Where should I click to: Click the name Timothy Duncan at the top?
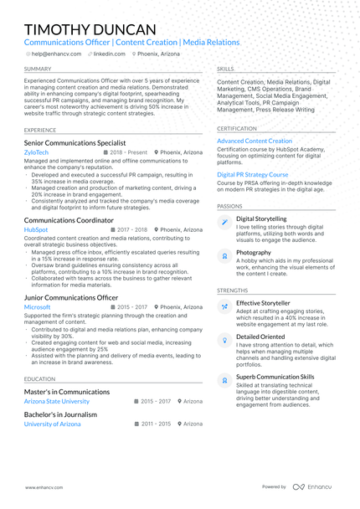coord(90,29)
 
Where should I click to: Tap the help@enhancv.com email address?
coord(55,54)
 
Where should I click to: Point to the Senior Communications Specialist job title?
coord(75,143)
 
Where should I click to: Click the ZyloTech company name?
coord(36,153)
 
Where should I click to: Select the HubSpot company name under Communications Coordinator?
coord(36,229)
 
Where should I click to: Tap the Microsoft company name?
coord(38,307)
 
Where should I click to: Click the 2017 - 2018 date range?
coord(131,229)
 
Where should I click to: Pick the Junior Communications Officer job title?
coord(71,297)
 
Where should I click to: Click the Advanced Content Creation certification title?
coord(255,141)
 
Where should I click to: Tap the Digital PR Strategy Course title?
coord(253,175)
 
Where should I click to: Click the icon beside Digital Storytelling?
coord(224,222)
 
